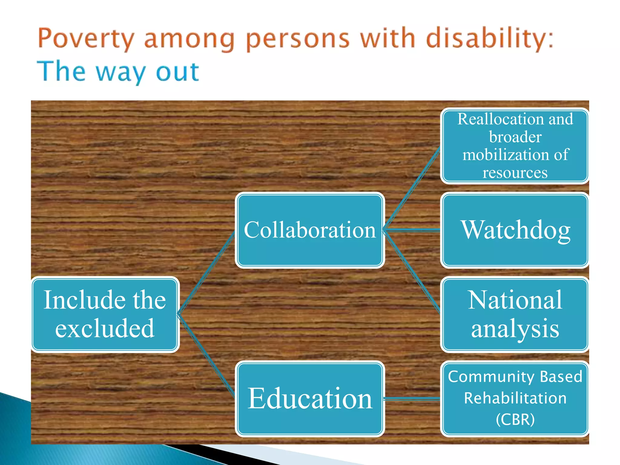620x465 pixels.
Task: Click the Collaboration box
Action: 310,230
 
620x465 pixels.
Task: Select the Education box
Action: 310,398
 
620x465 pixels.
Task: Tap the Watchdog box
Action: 515,230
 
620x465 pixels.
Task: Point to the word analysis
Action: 515,329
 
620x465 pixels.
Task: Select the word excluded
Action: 105,328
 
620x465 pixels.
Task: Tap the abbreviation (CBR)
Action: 515,419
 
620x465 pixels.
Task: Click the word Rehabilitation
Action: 515,398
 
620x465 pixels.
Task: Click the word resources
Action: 515,173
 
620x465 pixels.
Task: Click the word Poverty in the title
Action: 86,39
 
